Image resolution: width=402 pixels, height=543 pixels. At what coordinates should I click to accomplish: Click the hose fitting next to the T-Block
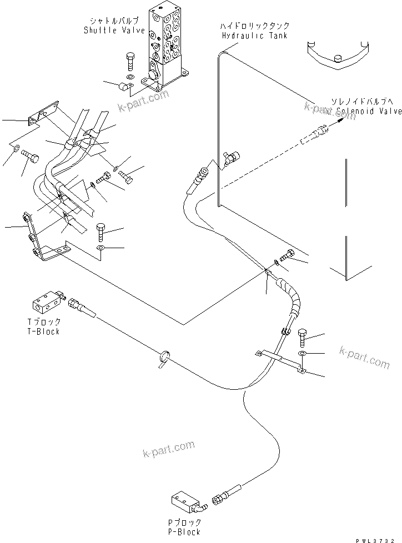[81, 306]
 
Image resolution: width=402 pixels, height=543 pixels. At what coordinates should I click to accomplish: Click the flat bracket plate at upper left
[42, 113]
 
